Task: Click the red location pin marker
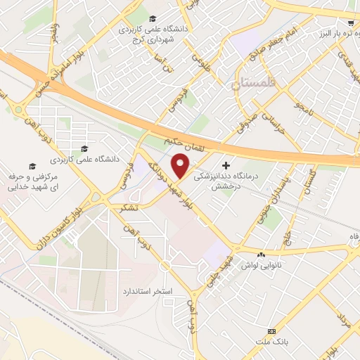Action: pos(182,166)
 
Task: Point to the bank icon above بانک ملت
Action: pos(272,331)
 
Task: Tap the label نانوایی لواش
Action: pos(262,266)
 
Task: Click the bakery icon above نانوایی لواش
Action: pos(262,254)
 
